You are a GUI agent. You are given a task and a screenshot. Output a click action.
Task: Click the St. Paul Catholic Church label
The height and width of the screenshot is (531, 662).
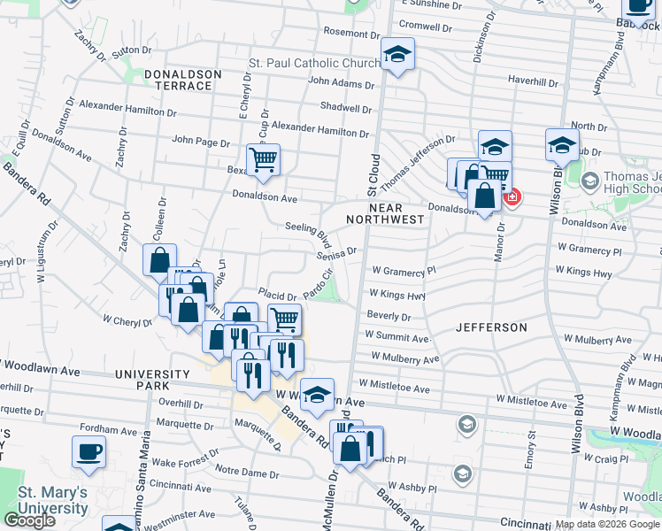pyautogui.click(x=313, y=64)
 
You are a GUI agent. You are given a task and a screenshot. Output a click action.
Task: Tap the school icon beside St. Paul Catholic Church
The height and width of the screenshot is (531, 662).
pyautogui.click(x=397, y=56)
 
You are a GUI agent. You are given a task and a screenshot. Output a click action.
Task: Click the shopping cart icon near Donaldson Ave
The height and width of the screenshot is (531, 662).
pyautogui.click(x=263, y=160)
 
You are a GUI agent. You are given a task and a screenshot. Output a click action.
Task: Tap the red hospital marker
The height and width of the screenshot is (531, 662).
pyautogui.click(x=512, y=196)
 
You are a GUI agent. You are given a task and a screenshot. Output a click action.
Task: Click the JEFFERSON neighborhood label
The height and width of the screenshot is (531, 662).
pyautogui.click(x=491, y=327)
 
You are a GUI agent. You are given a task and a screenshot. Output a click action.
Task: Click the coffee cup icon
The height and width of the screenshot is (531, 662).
pyautogui.click(x=89, y=451)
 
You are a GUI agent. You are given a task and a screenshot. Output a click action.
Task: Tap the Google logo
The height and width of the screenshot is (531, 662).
pyautogui.click(x=29, y=520)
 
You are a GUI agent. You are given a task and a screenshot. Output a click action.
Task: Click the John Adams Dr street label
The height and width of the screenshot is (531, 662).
pyautogui.click(x=341, y=84)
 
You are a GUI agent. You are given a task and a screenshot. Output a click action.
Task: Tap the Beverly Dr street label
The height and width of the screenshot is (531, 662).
pyautogui.click(x=389, y=316)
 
